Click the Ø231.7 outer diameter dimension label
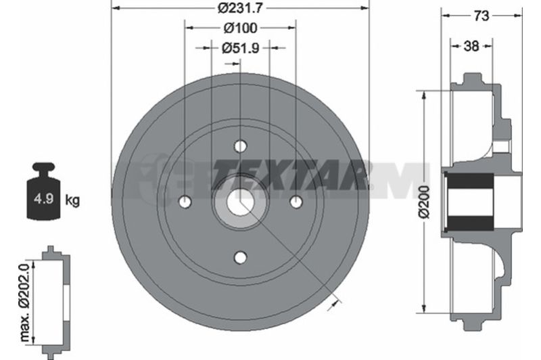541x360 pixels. pyautogui.click(x=240, y=8)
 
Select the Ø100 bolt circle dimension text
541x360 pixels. pyautogui.click(x=240, y=28)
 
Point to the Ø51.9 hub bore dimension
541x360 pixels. pyautogui.click(x=240, y=48)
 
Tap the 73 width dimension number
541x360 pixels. pyautogui.click(x=481, y=16)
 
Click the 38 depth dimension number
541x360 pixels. pyautogui.click(x=471, y=46)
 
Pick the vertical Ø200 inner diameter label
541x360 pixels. pyautogui.click(x=424, y=202)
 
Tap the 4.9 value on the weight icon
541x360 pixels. pyautogui.click(x=43, y=199)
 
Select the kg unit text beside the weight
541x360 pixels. pyautogui.click(x=72, y=200)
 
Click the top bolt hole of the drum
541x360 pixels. pyautogui.click(x=240, y=146)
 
